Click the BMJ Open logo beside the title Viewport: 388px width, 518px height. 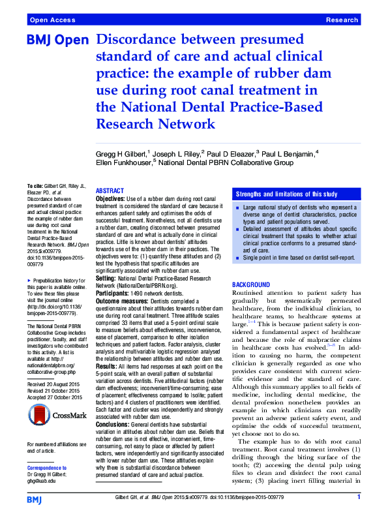pos(57,40)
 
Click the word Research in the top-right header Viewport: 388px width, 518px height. pos(342,20)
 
